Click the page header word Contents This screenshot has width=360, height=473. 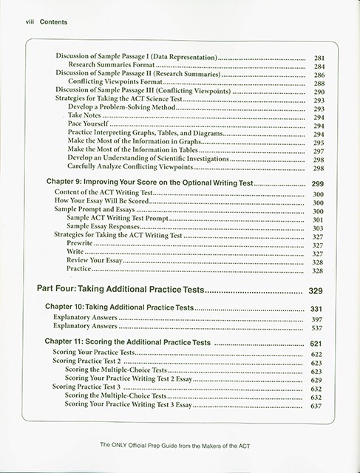coord(49,23)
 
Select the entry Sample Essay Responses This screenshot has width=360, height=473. coord(107,228)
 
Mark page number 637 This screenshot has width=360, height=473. coord(319,405)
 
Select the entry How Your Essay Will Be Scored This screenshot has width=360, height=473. coord(101,202)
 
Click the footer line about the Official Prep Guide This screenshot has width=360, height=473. coord(180,446)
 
